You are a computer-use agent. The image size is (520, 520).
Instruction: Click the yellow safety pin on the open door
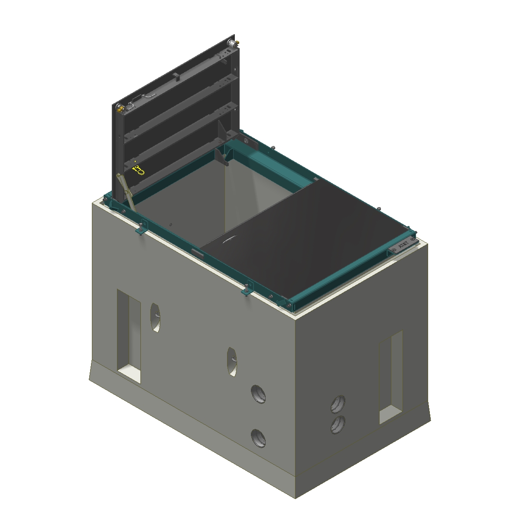(x=138, y=170)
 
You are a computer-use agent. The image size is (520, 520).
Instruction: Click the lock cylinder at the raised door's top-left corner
(x=120, y=107)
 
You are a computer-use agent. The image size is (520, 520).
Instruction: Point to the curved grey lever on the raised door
(x=149, y=95)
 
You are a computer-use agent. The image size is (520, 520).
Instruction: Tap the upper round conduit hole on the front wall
(x=259, y=394)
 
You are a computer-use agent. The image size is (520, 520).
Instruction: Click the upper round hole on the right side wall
(x=338, y=404)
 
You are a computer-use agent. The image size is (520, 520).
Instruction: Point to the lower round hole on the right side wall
(x=338, y=425)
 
